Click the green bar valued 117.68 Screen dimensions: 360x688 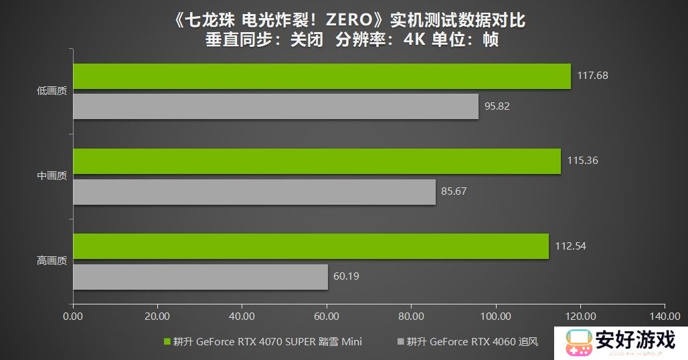(x=321, y=76)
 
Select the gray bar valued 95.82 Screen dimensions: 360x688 (x=276, y=106)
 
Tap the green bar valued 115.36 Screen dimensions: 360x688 (x=317, y=161)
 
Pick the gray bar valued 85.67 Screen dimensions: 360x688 (x=254, y=192)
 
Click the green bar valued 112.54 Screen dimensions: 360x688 (x=311, y=246)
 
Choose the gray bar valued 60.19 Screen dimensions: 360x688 (x=200, y=276)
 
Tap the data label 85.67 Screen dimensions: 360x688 (x=454, y=191)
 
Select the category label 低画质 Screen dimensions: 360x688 (x=52, y=92)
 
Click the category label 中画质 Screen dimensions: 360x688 (x=52, y=177)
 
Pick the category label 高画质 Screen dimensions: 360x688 (x=52, y=262)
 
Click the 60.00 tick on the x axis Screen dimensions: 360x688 (x=326, y=315)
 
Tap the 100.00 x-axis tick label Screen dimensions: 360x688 (x=495, y=315)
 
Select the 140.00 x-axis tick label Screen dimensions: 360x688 (x=664, y=315)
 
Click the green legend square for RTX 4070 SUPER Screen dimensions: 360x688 (x=167, y=342)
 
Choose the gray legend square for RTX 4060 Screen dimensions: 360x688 (x=401, y=342)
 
